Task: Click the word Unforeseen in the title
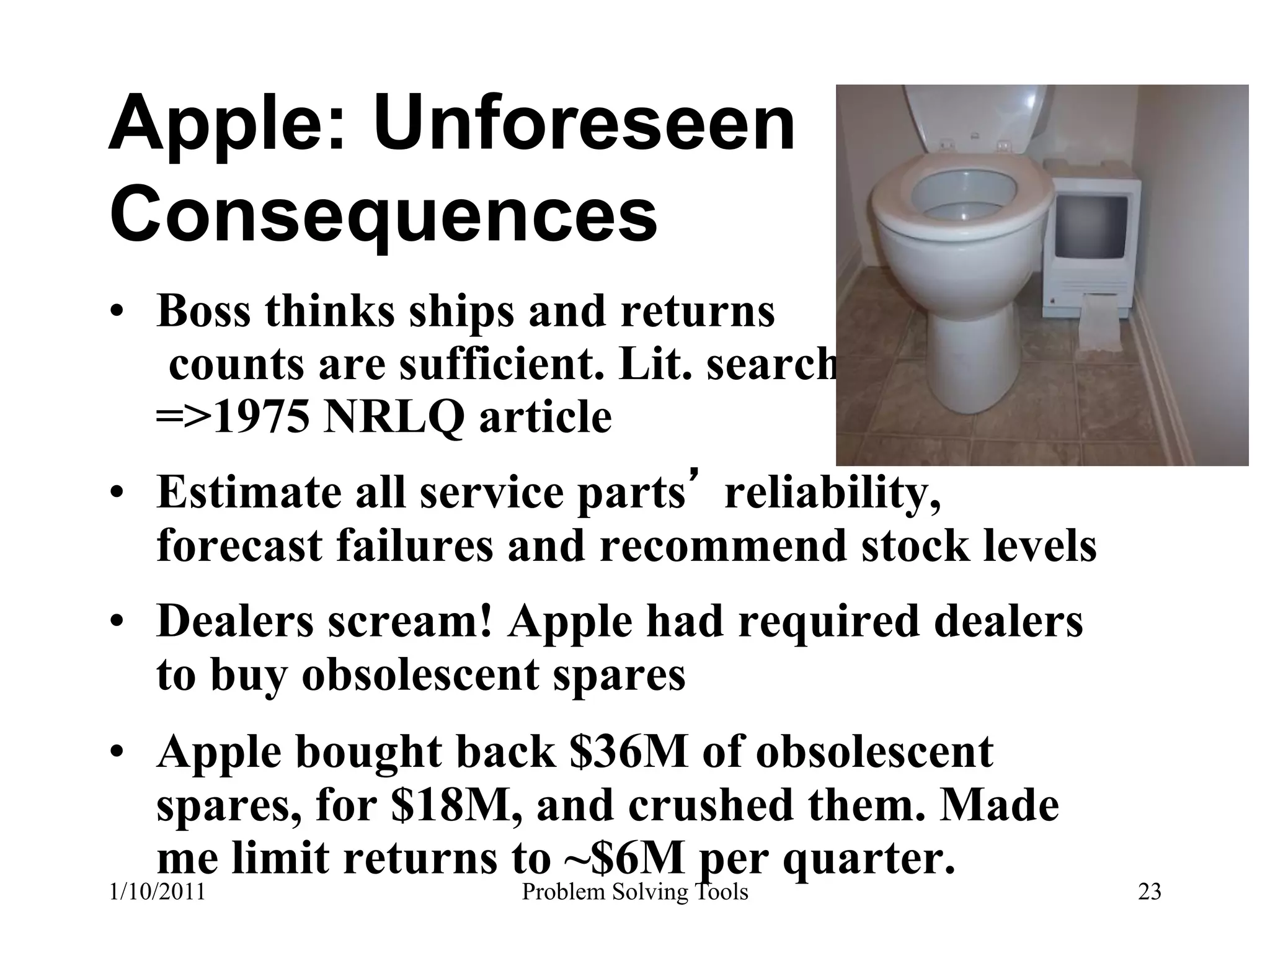tap(584, 125)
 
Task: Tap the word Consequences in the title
tap(383, 214)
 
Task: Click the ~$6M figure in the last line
tap(626, 859)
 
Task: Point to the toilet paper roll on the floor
tap(1099, 322)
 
